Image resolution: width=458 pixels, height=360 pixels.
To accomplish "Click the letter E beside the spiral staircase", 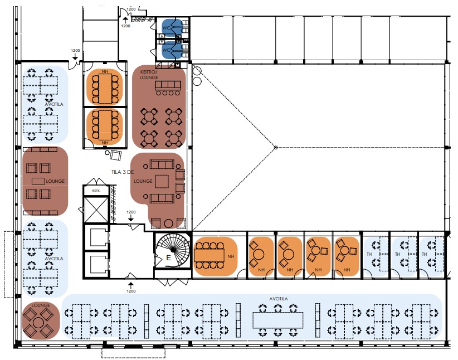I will tap(168, 257).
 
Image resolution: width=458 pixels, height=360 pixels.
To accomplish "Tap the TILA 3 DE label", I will tap(123, 172).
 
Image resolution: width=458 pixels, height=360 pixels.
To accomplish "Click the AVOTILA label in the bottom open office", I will tap(279, 298).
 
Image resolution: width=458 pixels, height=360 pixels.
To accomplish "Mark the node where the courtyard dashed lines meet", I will tap(276, 147).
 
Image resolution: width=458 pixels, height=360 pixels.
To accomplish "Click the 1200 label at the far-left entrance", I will tap(76, 51).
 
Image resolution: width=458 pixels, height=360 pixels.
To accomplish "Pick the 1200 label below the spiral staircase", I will tap(131, 291).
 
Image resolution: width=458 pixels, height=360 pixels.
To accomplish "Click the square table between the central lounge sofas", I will tap(163, 181).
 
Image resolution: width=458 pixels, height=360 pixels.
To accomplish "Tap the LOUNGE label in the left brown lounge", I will tap(56, 182).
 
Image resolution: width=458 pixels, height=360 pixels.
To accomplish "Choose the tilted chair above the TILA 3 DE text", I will tap(116, 155).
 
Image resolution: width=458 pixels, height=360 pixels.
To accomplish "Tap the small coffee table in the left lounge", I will tap(37, 181).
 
